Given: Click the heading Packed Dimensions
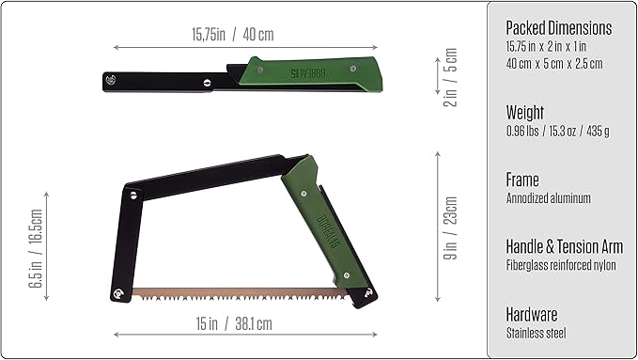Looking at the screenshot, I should (558, 27).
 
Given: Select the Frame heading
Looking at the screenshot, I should (522, 179).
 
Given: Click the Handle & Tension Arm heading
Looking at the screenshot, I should (564, 246).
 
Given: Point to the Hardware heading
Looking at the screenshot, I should (532, 314).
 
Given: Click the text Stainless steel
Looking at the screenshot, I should (536, 333).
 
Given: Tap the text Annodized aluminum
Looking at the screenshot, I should (548, 197).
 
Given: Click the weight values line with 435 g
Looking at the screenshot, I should (557, 131).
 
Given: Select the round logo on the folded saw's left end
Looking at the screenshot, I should (112, 80).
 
